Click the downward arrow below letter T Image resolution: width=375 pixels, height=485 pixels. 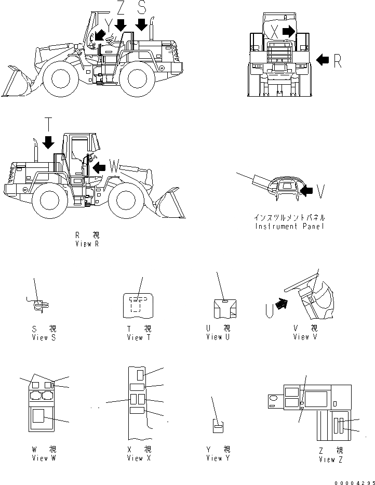(49, 142)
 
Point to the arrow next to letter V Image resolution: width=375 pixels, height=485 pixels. (307, 192)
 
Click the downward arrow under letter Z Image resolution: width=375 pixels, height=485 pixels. (120, 24)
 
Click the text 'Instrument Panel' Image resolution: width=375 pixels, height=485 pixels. (290, 226)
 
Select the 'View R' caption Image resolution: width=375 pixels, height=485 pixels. (87, 244)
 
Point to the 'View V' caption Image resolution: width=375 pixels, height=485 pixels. (305, 337)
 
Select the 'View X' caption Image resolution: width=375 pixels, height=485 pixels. (139, 458)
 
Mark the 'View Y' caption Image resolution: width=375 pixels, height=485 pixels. (218, 458)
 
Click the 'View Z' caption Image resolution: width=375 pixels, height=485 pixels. (331, 460)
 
